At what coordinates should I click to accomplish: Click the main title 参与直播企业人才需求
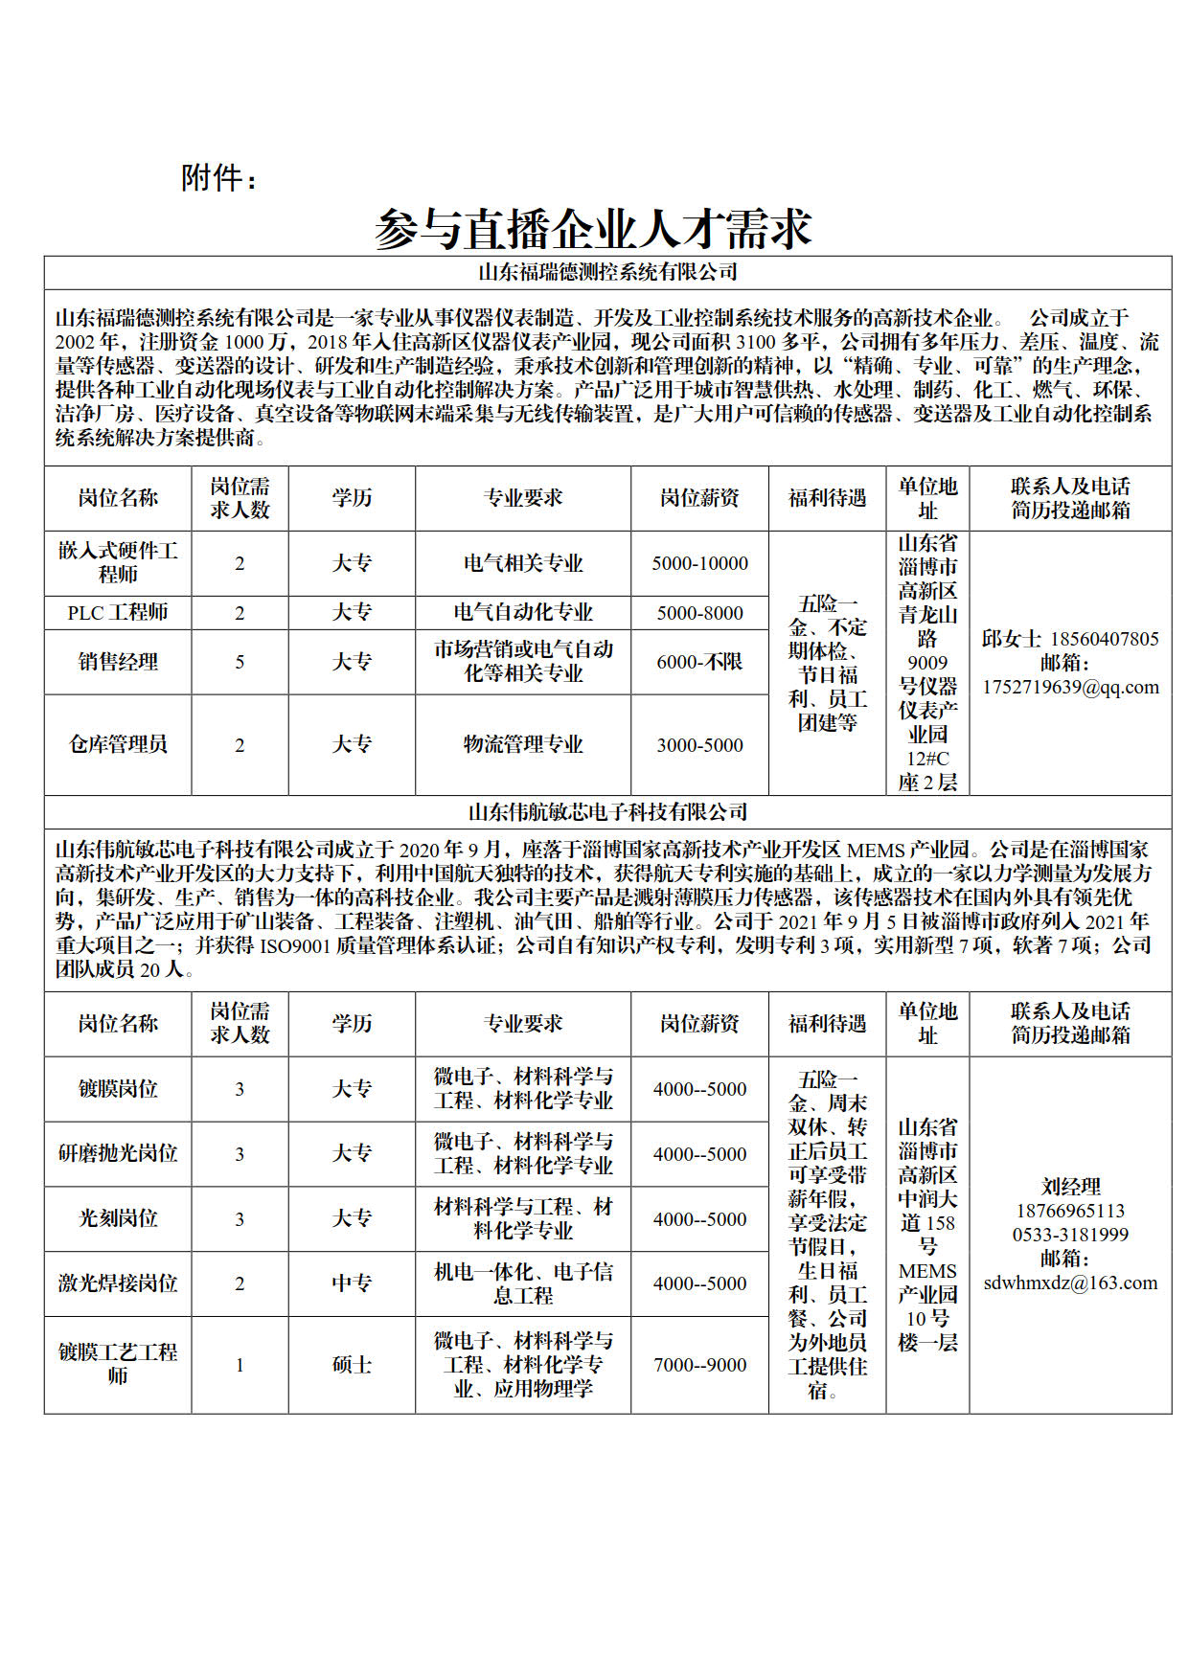(x=593, y=228)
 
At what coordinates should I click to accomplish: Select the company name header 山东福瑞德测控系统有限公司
(x=607, y=272)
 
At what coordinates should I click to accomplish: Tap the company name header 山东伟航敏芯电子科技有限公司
(x=607, y=812)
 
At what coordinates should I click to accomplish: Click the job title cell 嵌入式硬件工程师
(x=118, y=562)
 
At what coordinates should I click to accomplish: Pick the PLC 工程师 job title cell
(x=118, y=612)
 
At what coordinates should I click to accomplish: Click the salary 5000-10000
(x=699, y=563)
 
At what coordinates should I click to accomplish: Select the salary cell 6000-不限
(x=699, y=661)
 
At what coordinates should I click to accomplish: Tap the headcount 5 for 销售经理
(x=240, y=662)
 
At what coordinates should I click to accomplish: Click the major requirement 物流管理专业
(x=523, y=744)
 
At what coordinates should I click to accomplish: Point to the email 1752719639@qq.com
(x=1070, y=687)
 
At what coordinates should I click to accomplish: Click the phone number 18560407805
(x=1105, y=639)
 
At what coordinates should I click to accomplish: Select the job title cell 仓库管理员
(x=118, y=744)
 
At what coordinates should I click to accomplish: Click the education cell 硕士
(x=352, y=1365)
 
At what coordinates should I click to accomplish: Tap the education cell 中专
(x=352, y=1283)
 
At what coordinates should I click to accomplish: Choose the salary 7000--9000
(x=699, y=1365)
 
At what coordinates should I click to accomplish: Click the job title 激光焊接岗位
(x=118, y=1283)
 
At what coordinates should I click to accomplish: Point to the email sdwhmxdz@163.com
(x=1070, y=1283)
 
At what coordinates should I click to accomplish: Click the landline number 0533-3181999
(x=1070, y=1235)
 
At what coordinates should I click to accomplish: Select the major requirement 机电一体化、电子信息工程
(x=523, y=1283)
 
